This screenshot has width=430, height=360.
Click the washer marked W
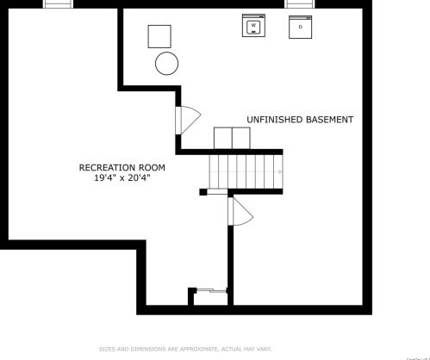[x=253, y=27]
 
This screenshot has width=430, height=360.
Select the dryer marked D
[x=300, y=27]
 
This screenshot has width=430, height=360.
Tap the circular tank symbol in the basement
[x=166, y=63]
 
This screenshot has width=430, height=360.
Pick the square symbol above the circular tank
[x=159, y=36]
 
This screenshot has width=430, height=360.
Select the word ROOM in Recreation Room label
[x=152, y=167]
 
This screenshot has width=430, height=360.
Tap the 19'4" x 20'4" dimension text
[x=122, y=177]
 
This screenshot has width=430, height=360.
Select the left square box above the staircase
[x=222, y=138]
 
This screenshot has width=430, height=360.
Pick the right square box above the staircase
[x=240, y=138]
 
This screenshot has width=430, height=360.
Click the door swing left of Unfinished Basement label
[x=187, y=121]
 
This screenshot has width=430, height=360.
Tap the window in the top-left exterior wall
[x=58, y=4]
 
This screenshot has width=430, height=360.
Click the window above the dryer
[x=299, y=4]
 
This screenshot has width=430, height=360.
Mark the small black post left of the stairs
[x=203, y=192]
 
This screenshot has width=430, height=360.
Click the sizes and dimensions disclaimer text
[x=185, y=349]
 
